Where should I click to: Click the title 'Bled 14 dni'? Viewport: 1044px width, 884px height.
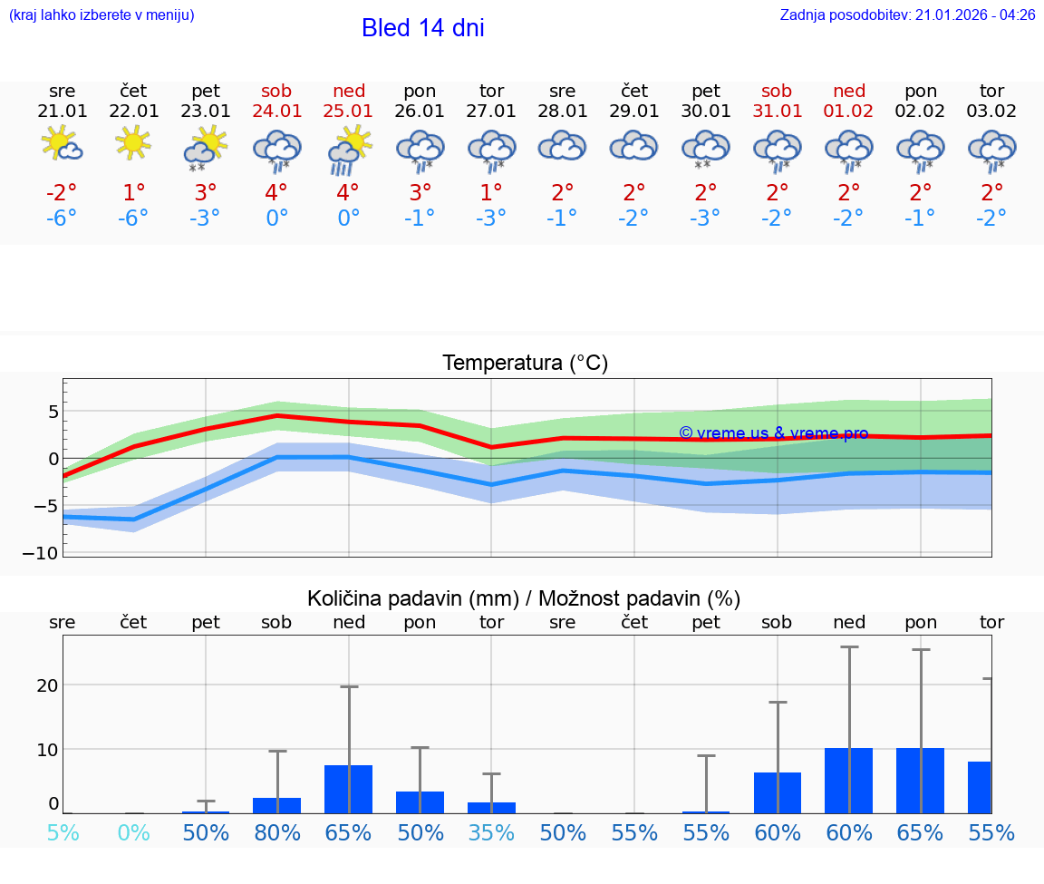point(422,28)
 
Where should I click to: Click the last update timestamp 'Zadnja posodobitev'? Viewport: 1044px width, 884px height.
point(907,15)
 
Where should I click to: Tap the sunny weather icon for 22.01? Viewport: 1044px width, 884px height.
point(133,142)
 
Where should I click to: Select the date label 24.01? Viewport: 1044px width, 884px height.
point(276,112)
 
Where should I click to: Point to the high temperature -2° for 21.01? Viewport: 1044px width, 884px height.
point(62,193)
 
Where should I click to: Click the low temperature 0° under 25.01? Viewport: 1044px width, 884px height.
point(348,219)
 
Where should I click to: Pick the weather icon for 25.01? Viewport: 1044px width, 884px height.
point(349,150)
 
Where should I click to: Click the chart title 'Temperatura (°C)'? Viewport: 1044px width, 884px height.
point(525,364)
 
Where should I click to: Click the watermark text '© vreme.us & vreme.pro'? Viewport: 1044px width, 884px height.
point(773,433)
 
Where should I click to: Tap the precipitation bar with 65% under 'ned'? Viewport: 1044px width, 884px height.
point(348,789)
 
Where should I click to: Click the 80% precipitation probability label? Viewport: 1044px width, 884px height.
point(276,832)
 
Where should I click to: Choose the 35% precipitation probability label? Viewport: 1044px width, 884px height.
point(491,832)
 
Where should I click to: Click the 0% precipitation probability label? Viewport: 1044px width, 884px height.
point(133,832)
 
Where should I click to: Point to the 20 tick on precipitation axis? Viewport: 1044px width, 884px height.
point(47,685)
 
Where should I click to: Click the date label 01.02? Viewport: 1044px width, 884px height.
point(848,112)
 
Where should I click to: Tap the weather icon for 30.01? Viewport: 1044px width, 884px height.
point(705,150)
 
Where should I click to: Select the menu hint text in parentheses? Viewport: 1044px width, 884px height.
point(101,15)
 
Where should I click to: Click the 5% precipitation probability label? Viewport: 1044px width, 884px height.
point(62,832)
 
